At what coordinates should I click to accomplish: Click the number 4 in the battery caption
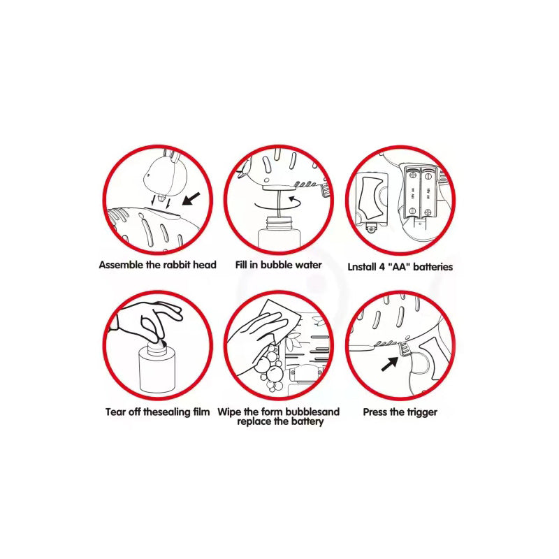(x=382, y=267)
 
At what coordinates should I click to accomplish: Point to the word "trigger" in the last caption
(x=421, y=412)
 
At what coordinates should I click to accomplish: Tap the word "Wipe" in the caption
(x=229, y=412)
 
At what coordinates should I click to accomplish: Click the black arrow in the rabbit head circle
(x=191, y=199)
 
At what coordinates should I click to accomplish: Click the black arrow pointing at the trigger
(x=390, y=364)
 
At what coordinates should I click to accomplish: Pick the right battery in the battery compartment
(x=428, y=193)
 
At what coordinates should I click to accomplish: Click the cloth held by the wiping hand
(x=277, y=320)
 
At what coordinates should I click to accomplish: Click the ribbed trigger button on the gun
(x=405, y=348)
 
